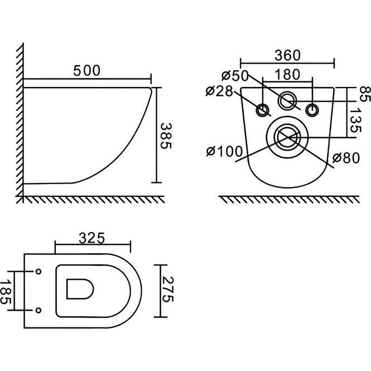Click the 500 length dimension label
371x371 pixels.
coord(87,70)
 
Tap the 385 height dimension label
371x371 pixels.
coord(166,136)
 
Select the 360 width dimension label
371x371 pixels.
coord(287,55)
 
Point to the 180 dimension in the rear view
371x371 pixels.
coord(287,75)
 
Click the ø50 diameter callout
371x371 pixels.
coord(235,76)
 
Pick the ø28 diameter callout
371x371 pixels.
coord(219,91)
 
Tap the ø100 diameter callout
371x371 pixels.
coord(224,151)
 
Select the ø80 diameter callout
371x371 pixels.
coord(346,158)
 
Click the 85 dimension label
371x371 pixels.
coord(365,94)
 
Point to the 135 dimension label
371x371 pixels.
coord(355,120)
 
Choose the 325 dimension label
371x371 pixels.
coord(92,238)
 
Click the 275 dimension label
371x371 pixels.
coord(168,290)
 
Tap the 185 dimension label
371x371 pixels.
coord(6,291)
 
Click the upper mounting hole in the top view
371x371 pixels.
coord(38,272)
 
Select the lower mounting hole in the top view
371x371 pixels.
coord(38,310)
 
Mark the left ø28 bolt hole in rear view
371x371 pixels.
coord(262,110)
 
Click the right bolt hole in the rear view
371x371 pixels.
coord(312,110)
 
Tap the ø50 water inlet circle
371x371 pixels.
coord(287,100)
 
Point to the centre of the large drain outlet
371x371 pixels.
coord(287,137)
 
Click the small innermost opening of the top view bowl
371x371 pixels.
coord(80,289)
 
